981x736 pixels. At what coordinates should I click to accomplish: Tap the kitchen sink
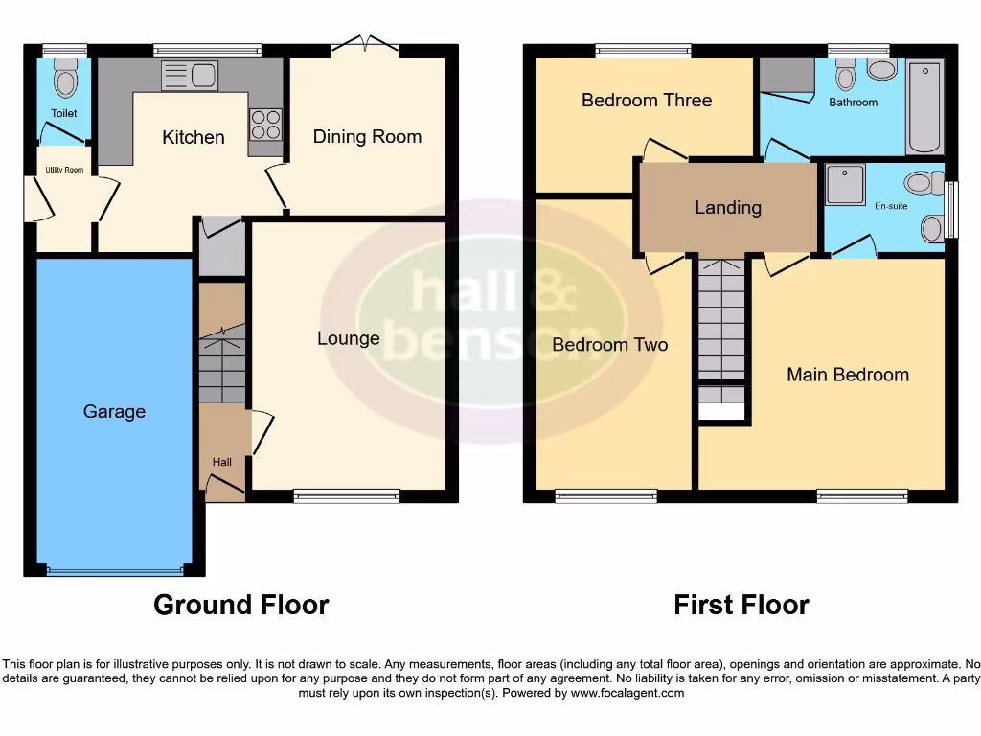(x=191, y=76)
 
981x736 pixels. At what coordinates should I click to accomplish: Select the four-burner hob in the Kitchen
(x=265, y=126)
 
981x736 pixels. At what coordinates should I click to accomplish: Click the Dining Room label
(x=367, y=137)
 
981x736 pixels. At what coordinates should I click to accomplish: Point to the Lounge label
(x=349, y=338)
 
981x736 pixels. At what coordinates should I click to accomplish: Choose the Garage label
(x=114, y=411)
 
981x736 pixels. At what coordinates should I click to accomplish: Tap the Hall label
(x=221, y=462)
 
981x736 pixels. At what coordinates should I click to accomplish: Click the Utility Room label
(x=64, y=170)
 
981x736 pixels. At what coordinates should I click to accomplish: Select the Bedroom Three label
(x=647, y=100)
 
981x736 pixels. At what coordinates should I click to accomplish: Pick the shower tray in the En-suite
(x=844, y=184)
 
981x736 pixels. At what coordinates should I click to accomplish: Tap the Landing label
(x=728, y=207)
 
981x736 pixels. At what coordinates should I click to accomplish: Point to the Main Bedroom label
(x=848, y=375)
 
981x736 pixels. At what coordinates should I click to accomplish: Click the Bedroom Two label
(x=610, y=345)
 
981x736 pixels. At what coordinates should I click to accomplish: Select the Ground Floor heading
(x=241, y=605)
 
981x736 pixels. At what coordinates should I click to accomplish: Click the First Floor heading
(x=741, y=605)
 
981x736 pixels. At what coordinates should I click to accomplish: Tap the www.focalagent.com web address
(x=628, y=693)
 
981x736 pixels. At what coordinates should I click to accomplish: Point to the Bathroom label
(x=853, y=102)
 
